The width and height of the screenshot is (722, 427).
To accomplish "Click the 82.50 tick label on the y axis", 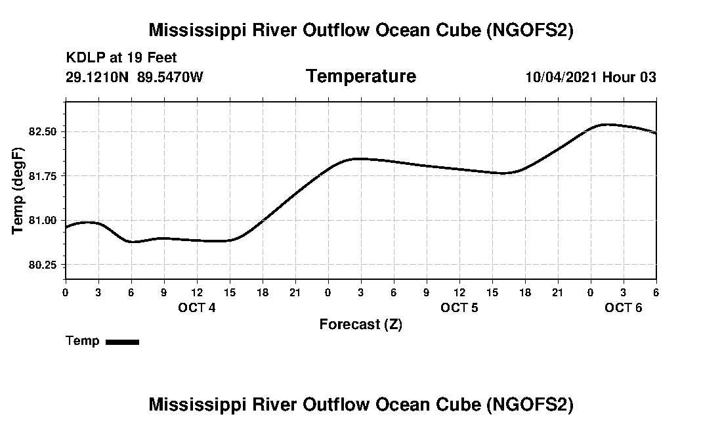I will [43, 131].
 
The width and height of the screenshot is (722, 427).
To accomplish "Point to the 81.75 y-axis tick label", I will [43, 175].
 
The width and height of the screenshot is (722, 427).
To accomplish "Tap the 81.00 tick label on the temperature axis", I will [43, 220].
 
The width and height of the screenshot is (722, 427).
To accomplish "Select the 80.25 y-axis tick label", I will [43, 265].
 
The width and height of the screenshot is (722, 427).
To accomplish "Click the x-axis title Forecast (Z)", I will [360, 324].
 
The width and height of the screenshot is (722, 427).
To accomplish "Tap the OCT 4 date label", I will [196, 307].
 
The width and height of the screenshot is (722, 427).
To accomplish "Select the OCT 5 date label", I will [459, 307].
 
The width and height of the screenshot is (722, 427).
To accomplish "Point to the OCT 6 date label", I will [623, 307].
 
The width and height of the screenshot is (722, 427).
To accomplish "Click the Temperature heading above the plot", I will [360, 76].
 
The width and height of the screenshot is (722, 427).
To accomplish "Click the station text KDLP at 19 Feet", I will [121, 58].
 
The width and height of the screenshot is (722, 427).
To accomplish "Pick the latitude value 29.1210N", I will [98, 77].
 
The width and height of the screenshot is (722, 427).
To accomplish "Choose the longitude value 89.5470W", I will [170, 77].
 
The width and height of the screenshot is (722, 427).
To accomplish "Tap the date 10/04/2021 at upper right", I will [561, 77].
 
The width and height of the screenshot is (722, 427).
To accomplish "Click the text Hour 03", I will [629, 77].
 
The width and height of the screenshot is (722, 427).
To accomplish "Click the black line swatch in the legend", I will [122, 342].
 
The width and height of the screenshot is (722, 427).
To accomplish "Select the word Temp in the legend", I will [83, 341].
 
